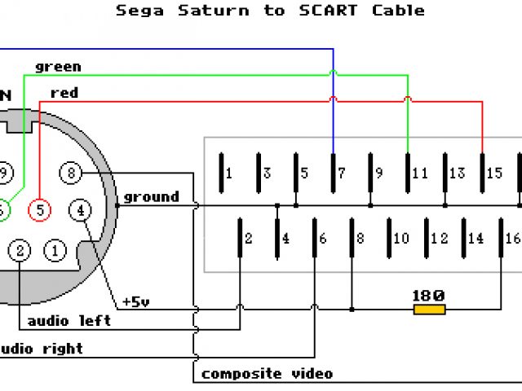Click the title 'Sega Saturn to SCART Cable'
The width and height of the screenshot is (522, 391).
270,11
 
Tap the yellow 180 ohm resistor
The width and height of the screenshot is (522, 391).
429,310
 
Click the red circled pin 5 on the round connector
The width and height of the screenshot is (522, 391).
39,209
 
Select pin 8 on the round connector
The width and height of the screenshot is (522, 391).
72,173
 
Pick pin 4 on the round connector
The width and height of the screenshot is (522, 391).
80,209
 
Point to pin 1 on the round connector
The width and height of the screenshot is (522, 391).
55,250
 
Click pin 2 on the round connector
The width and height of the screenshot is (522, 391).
20,250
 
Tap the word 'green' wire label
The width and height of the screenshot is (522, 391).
58,66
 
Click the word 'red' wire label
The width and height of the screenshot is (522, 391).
64,93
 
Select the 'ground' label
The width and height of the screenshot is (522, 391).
151,196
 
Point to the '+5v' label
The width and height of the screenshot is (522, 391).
135,301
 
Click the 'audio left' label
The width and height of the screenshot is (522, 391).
69,321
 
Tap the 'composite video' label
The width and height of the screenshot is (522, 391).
267,374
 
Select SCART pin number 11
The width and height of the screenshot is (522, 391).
419,173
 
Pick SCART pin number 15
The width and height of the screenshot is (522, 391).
494,173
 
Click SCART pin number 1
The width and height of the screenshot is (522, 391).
229,173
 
